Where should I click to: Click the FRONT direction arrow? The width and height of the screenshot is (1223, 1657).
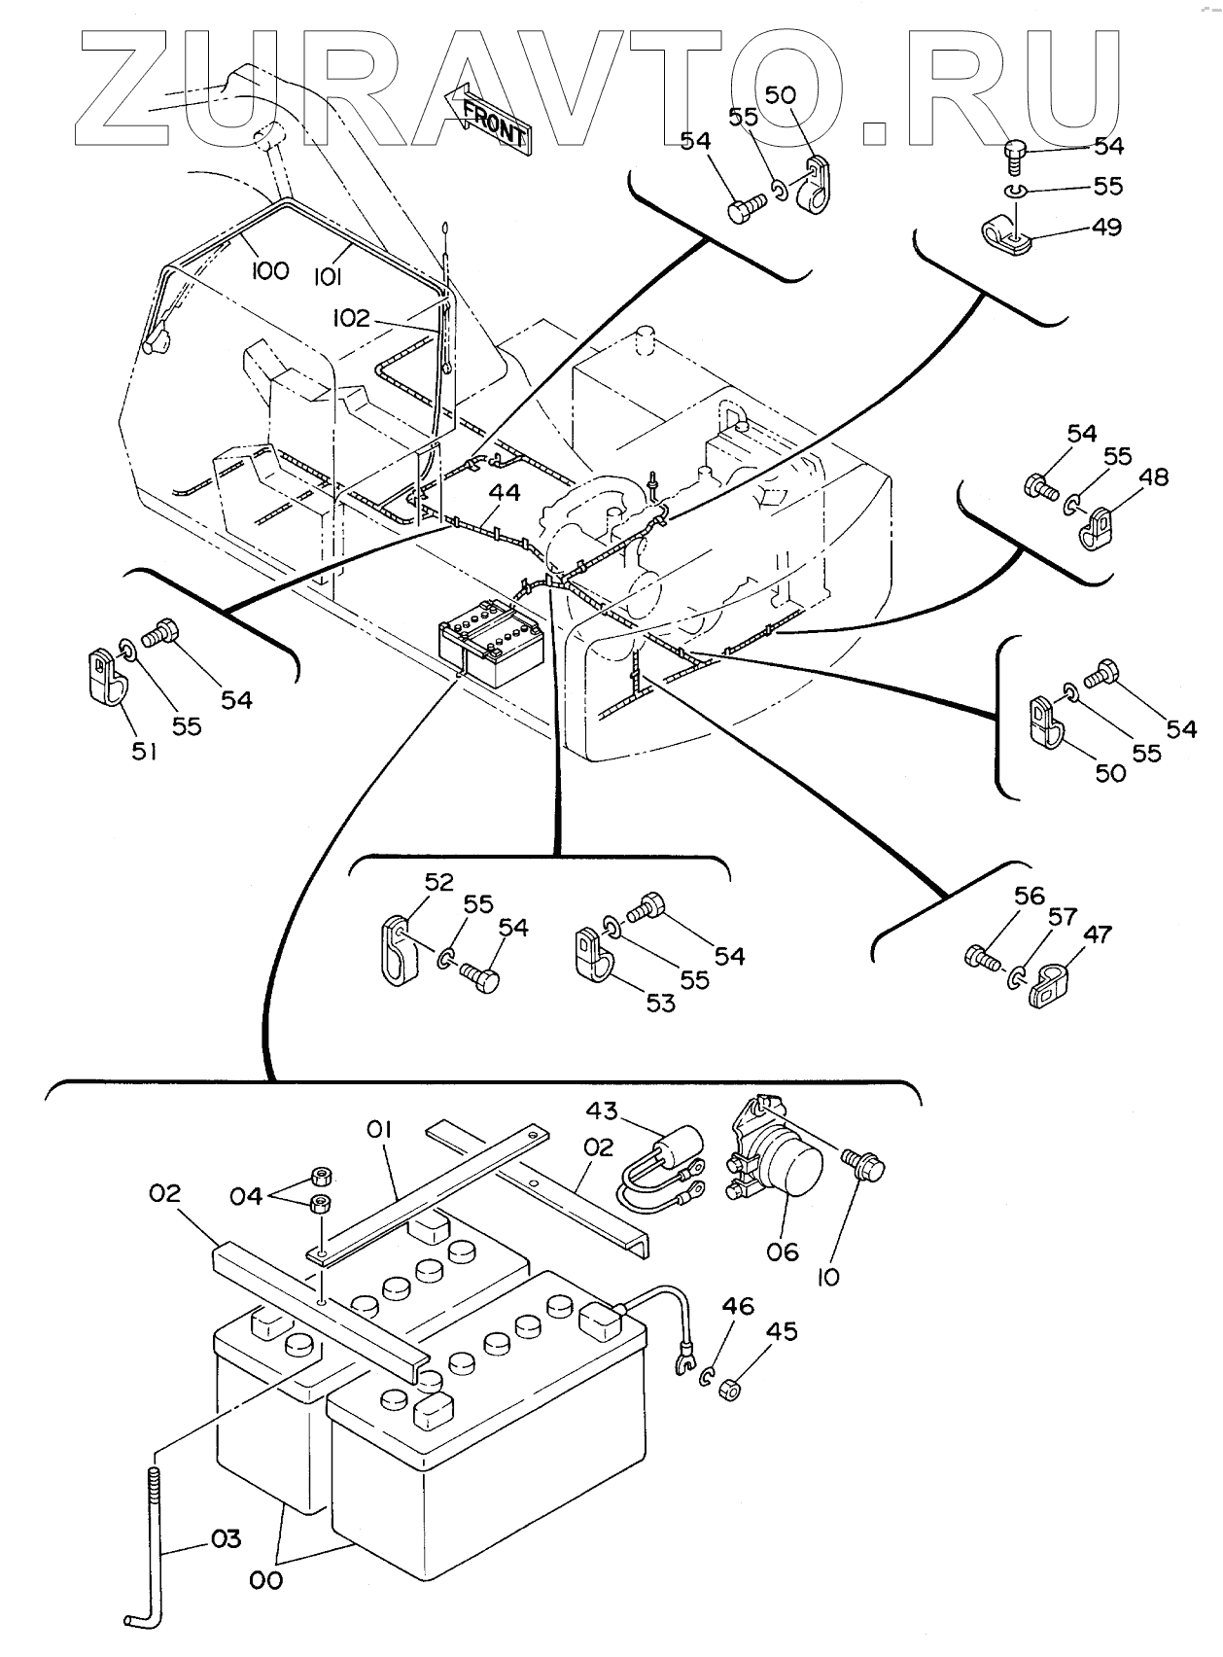[x=487, y=116]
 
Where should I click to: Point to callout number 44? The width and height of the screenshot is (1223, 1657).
[x=505, y=492]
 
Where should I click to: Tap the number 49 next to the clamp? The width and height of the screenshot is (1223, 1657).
[x=1106, y=227]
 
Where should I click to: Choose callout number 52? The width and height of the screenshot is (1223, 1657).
[x=438, y=881]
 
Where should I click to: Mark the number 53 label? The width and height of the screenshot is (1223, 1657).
[x=660, y=1003]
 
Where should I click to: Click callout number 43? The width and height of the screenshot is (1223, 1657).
[x=601, y=1110]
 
